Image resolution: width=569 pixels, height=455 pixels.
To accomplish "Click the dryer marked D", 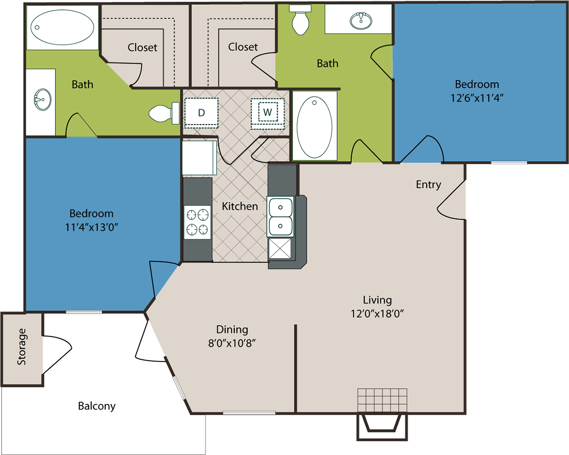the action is (201, 113).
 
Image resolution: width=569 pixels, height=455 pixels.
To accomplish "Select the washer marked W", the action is (267, 114).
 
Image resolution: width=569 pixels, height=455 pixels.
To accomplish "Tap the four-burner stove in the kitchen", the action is (197, 222).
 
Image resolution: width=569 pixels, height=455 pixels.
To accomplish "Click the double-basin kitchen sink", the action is (280, 217).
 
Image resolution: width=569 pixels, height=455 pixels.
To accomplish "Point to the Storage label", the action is (22, 346).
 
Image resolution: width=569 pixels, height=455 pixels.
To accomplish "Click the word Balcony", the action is (97, 406).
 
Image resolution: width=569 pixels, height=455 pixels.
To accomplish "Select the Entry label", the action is (429, 184).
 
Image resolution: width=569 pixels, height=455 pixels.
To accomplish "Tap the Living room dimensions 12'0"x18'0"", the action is (377, 314).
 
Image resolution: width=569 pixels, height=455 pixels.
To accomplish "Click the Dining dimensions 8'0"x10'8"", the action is (232, 343).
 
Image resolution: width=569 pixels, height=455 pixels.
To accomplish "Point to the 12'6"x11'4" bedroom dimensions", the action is (477, 98).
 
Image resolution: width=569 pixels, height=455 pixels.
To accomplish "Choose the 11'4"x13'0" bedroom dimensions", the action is (92, 227).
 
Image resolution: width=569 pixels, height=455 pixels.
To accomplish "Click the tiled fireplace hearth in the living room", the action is (382, 400).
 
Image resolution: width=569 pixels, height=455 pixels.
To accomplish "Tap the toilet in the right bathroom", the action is (300, 20).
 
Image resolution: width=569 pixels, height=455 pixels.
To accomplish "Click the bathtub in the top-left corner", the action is (63, 27).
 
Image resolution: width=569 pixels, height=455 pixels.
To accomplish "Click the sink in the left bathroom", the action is (43, 100).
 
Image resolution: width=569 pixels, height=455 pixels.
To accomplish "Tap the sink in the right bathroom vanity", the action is (361, 20).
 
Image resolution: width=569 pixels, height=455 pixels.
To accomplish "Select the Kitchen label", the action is (240, 206).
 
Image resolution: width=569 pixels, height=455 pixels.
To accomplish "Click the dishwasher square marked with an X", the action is (280, 248).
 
